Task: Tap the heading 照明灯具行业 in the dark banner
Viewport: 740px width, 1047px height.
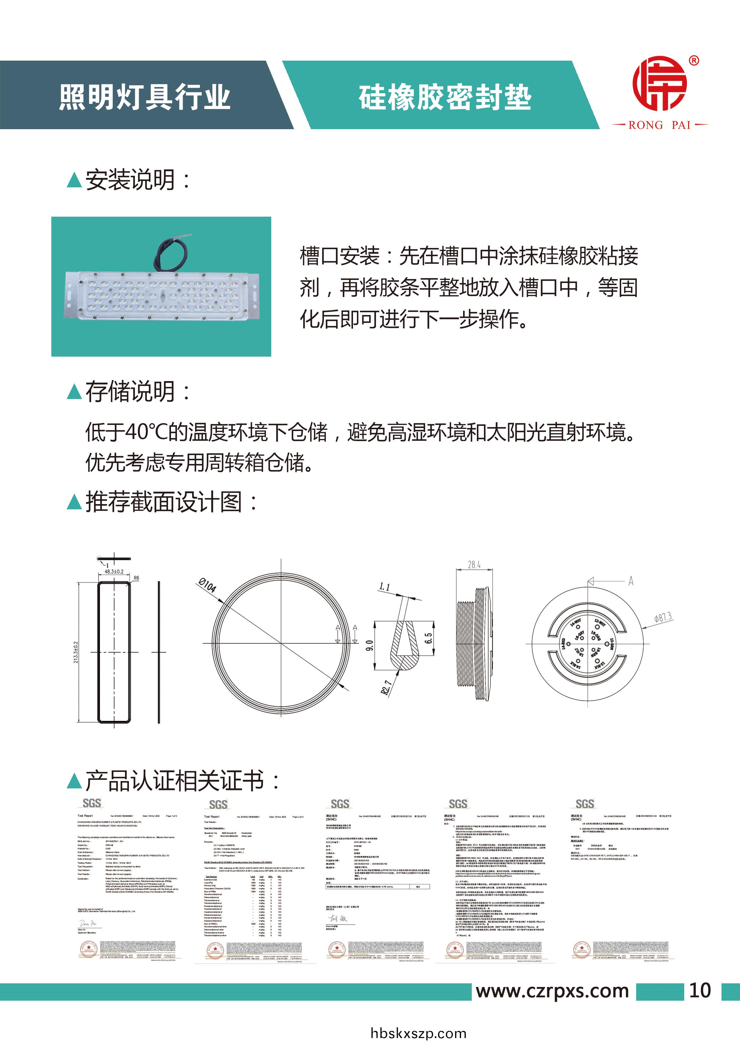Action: [x=144, y=97]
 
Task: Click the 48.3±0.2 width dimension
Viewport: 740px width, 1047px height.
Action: [x=114, y=571]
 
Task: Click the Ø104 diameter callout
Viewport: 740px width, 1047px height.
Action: [x=207, y=585]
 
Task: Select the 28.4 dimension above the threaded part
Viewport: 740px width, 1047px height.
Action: [x=474, y=565]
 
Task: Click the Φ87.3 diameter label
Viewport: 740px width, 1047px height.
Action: [x=662, y=618]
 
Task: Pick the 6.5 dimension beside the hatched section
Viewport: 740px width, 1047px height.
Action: [x=428, y=638]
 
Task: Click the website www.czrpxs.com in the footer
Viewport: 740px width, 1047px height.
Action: [x=552, y=991]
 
